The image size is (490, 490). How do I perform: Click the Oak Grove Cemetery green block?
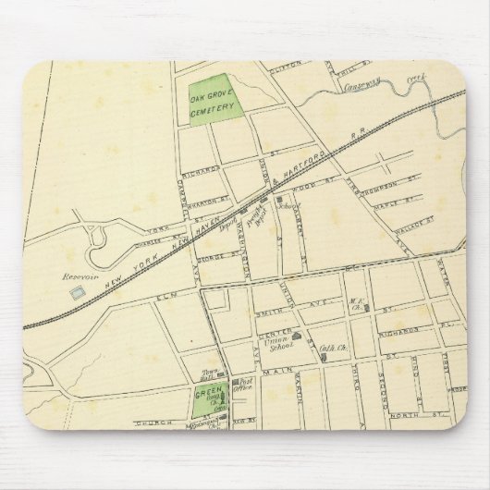211,101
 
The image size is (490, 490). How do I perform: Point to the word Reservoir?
75,276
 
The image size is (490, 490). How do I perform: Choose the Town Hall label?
209,376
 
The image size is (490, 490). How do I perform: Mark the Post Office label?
244,388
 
